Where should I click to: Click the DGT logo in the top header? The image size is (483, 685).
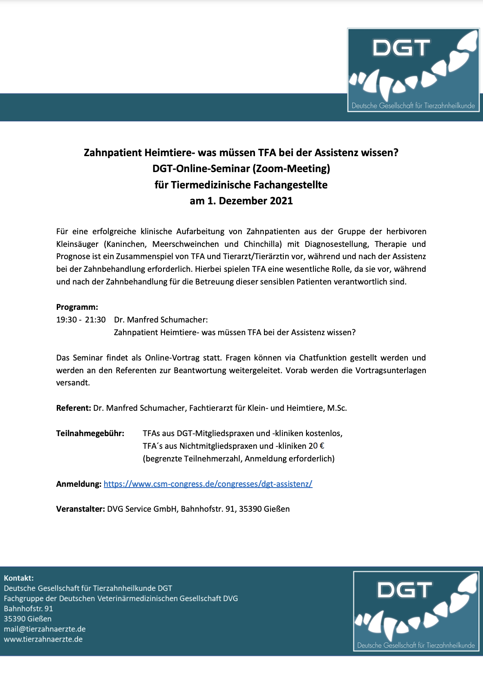(x=413, y=70)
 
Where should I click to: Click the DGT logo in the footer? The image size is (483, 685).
(x=416, y=611)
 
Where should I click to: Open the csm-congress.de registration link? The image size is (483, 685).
(x=208, y=484)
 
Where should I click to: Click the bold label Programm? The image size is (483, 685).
(x=77, y=307)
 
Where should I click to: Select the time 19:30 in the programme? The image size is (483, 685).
(x=66, y=320)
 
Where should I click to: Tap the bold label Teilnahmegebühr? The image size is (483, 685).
(x=90, y=433)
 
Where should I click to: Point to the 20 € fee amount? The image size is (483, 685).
(x=316, y=446)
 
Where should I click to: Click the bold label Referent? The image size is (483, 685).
(x=74, y=408)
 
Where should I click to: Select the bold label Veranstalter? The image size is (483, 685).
(x=80, y=509)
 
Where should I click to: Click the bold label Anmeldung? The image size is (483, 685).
(x=78, y=484)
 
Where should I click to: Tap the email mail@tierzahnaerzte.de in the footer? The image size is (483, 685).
(x=45, y=629)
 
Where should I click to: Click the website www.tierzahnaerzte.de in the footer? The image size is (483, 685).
(x=43, y=639)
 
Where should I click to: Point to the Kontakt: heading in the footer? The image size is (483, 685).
(x=19, y=578)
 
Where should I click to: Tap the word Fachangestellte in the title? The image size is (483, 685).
(x=291, y=185)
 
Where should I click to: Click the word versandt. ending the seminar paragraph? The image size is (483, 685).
(x=73, y=383)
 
